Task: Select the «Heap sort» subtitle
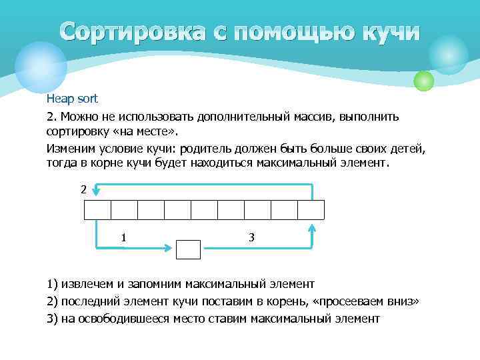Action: pos(72,99)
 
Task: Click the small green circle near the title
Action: pos(424,81)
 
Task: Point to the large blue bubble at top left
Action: pos(41,67)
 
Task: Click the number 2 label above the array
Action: pos(83,189)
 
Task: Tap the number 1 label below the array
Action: pos(124,237)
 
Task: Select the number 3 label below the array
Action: pos(251,237)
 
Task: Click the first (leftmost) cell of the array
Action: pos(97,209)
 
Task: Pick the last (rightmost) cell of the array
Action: pos(311,209)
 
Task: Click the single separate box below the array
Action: pos(188,249)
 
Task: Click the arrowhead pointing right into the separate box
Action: pos(169,249)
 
